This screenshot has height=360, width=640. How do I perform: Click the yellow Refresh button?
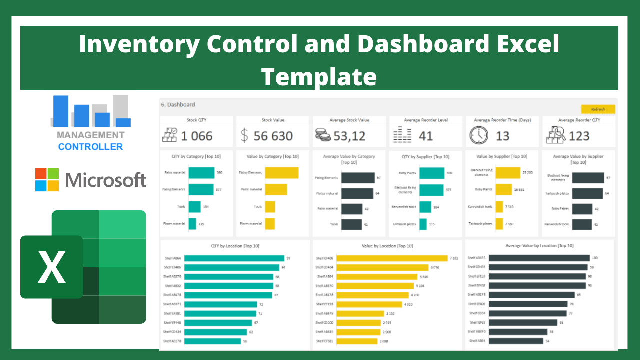pos(598,109)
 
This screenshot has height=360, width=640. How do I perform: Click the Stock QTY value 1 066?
pos(196,136)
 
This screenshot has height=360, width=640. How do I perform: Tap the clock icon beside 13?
pos(479,135)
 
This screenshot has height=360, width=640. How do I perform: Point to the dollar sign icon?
pos(244,135)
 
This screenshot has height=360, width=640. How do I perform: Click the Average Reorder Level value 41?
pos(426,136)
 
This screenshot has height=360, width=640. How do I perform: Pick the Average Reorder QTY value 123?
pos(579,136)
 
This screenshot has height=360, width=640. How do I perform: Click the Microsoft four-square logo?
pos(47,180)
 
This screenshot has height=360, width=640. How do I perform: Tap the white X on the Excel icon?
pos(52,267)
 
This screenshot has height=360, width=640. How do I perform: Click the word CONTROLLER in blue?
pos(90,147)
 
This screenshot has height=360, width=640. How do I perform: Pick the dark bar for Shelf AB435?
pos(539,258)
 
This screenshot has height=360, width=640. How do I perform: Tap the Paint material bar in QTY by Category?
pos(201,173)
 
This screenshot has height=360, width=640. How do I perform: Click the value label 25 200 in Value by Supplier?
pos(527,173)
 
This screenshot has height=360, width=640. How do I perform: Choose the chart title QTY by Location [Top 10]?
pos(235,246)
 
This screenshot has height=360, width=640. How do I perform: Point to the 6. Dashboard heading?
pos(178,105)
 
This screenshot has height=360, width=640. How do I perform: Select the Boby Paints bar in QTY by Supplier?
pos(432,173)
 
